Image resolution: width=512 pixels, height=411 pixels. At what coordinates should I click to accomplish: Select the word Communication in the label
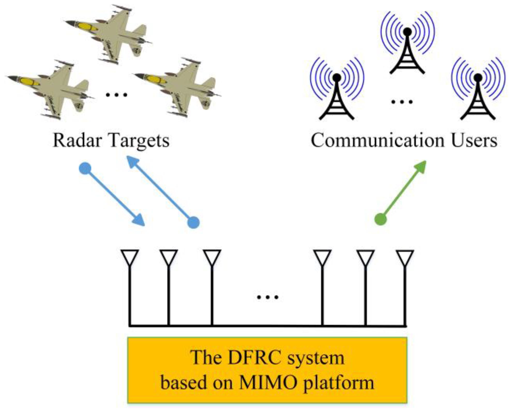[377, 140]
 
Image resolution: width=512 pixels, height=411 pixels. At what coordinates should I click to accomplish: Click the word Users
[474, 140]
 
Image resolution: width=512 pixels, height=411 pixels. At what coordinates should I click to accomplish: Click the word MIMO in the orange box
[268, 382]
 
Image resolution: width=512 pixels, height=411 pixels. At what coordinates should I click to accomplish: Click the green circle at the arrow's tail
[381, 219]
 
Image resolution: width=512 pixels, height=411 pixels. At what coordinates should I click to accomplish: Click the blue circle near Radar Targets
[85, 169]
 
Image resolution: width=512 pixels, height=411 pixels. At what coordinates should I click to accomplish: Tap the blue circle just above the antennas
[193, 222]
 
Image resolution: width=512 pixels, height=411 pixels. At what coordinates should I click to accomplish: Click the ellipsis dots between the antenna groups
[268, 297]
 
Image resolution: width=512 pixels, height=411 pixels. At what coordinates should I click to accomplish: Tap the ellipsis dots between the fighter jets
[117, 95]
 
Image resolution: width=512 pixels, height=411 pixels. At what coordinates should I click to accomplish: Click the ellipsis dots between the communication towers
[402, 102]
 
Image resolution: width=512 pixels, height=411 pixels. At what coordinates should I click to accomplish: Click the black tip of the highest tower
[407, 32]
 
